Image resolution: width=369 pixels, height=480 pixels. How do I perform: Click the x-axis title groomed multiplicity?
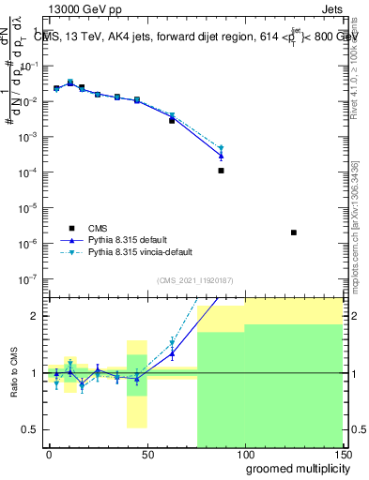(x=293, y=467)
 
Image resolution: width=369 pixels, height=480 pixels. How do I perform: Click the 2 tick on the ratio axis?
(x=36, y=316)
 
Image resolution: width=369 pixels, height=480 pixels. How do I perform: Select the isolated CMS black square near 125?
(x=294, y=232)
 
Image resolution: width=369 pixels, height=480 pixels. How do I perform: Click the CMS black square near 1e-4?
(x=221, y=171)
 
